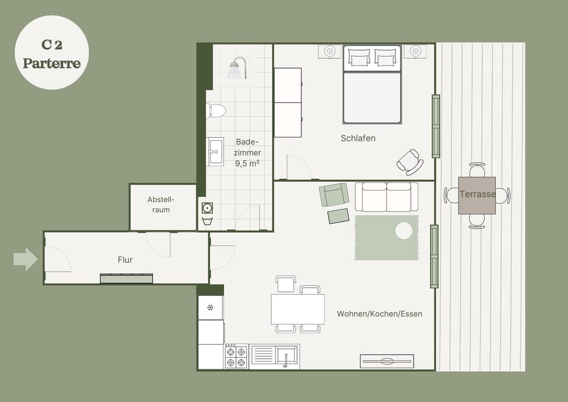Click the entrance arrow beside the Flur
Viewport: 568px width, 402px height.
coord(25,259)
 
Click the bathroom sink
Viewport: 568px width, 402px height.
coord(215,152)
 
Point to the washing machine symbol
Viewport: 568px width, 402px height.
coord(207,208)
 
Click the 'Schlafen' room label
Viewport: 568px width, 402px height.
coord(358,138)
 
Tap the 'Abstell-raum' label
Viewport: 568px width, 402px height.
coord(161,204)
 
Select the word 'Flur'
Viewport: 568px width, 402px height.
coord(125,260)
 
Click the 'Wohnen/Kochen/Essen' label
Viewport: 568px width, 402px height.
coord(379,314)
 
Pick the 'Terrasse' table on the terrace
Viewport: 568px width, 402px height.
coord(477,195)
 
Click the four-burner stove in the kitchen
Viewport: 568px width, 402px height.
coord(236,357)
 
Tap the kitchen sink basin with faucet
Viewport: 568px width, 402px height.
coord(286,355)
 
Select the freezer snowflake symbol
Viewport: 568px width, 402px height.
coord(210,308)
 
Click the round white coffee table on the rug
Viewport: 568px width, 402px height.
coord(404,231)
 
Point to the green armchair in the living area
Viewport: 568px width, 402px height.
coord(334,195)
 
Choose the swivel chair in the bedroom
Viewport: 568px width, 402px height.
coord(410,162)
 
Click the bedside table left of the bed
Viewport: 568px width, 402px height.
coord(330,51)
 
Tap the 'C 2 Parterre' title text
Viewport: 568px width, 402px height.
coord(52,54)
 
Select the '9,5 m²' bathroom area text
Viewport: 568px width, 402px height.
coord(247,163)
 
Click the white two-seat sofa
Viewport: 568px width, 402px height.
coord(386,197)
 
